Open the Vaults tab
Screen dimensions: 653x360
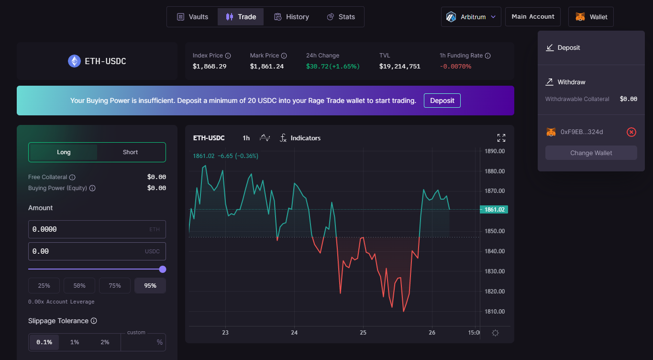(193, 17)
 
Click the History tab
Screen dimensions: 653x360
(291, 17)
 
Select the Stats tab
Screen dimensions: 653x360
(341, 17)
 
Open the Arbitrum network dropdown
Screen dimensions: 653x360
(471, 17)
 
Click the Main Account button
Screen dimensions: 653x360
(533, 17)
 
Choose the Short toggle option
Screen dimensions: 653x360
(130, 152)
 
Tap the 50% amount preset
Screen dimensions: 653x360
(79, 286)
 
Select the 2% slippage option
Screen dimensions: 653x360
(105, 342)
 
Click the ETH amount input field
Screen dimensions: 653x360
(97, 229)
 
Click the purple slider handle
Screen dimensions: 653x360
(163, 269)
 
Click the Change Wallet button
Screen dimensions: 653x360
(591, 153)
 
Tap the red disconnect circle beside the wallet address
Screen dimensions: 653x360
(631, 132)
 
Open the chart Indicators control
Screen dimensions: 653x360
(300, 138)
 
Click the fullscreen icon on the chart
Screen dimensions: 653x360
(501, 138)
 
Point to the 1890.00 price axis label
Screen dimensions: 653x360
(495, 151)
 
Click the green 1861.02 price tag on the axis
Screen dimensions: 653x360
(494, 210)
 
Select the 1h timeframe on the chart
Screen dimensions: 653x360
(246, 138)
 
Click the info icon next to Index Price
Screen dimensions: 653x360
(228, 56)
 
